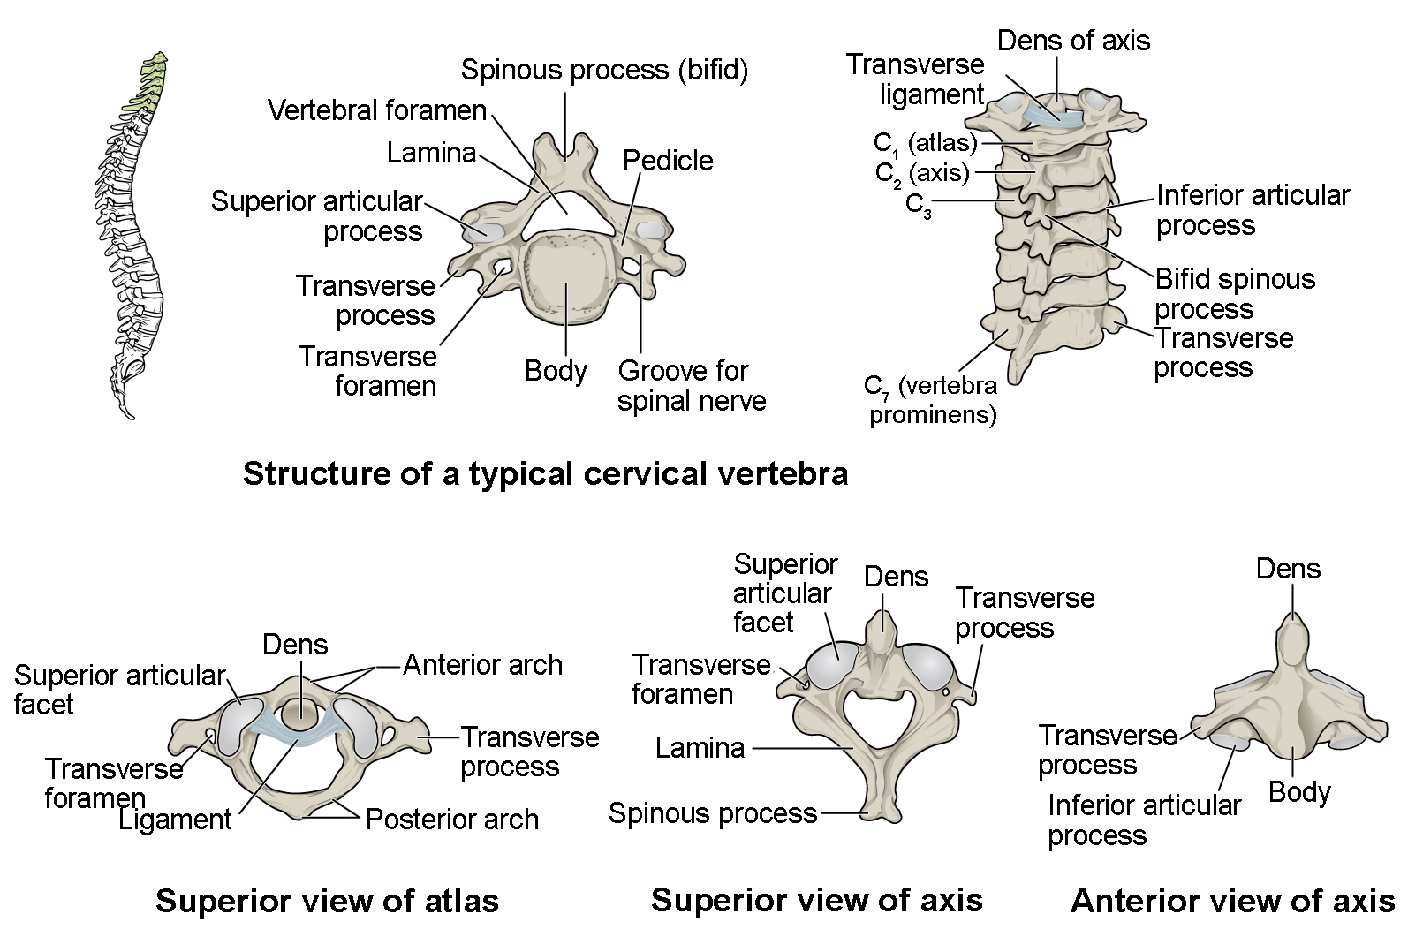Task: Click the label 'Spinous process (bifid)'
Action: (604, 70)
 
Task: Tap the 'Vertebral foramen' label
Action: (377, 110)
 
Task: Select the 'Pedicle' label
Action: (667, 161)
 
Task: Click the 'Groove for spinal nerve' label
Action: (691, 386)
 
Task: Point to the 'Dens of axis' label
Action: (1073, 41)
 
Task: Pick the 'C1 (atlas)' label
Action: (925, 143)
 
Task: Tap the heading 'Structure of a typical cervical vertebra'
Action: (545, 474)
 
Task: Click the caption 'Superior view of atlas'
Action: (327, 901)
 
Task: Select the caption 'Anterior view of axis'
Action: (1232, 901)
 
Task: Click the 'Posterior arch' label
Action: (451, 820)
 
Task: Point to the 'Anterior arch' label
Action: (482, 665)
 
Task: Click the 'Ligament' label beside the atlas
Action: (175, 820)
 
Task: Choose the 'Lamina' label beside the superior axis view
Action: (700, 749)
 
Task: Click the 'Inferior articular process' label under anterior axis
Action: (1143, 820)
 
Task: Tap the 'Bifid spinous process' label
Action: (1234, 294)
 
